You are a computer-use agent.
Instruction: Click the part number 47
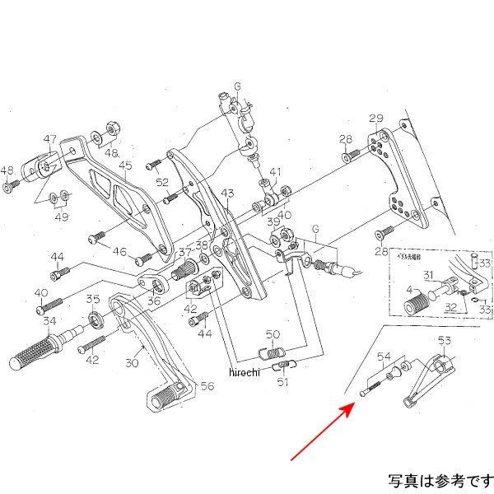point(50,138)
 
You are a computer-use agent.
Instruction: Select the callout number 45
point(125,165)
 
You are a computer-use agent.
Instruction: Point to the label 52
point(163,182)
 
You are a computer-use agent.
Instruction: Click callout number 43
point(228,193)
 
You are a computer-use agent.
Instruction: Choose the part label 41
point(275,172)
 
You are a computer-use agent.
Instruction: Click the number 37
point(185,252)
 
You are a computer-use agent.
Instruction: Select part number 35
point(93,300)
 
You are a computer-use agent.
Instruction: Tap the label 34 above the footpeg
point(50,321)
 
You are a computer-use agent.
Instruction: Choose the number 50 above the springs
point(273,334)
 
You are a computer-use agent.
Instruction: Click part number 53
point(445,340)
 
